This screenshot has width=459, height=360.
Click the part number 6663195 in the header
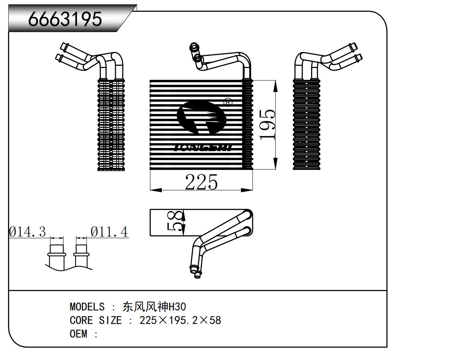point(65,19)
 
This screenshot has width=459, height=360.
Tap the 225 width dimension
point(201,182)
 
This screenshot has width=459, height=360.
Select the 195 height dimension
point(267,124)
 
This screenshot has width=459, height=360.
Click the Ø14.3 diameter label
point(27,232)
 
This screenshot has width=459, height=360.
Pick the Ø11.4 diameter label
point(109,232)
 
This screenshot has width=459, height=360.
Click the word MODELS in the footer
point(87,307)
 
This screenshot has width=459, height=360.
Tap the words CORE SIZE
point(95,321)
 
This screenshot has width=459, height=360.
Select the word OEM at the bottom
point(79,334)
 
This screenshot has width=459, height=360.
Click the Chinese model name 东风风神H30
point(154,307)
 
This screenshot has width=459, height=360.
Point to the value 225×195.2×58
point(180,321)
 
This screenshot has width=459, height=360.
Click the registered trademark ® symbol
point(227,102)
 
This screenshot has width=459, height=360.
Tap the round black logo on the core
point(201,117)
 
